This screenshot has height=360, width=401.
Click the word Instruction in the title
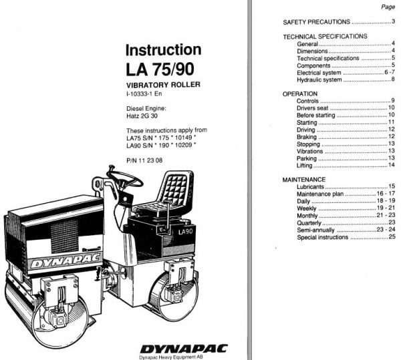163,50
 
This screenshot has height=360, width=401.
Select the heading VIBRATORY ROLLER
163,85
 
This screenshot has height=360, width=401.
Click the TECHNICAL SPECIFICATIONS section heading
325,36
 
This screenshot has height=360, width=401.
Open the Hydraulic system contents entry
319,79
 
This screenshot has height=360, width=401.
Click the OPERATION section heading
300,94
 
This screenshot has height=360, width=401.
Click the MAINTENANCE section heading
304,180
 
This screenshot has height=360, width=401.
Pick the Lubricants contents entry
311,187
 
